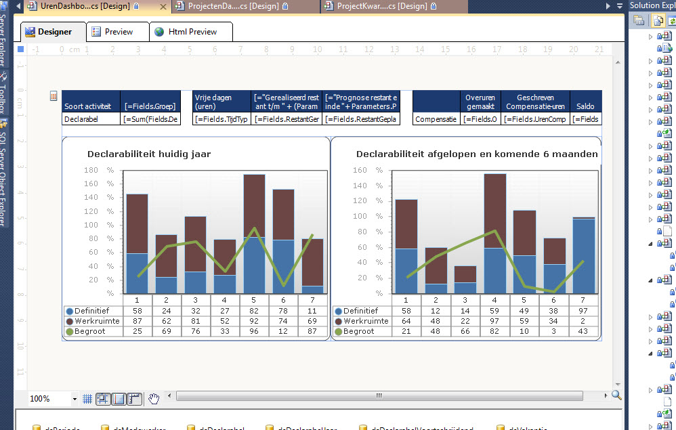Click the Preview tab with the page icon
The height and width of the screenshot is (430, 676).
pyautogui.click(x=119, y=32)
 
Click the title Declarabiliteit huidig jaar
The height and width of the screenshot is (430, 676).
pyautogui.click(x=149, y=154)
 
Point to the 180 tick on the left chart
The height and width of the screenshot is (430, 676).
pyautogui.click(x=91, y=170)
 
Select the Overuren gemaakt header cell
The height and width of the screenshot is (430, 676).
pyautogui.click(x=480, y=102)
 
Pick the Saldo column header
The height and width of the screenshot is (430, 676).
pyautogui.click(x=585, y=106)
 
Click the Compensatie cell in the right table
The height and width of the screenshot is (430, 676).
pyautogui.click(x=435, y=119)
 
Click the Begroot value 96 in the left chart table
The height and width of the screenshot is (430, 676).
pyautogui.click(x=254, y=331)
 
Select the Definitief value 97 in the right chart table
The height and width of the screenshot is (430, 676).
pyautogui.click(x=583, y=309)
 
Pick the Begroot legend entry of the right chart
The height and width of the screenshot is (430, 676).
pyautogui.click(x=358, y=331)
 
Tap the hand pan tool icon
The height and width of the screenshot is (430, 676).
pyautogui.click(x=154, y=399)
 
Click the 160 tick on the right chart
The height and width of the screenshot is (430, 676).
pyautogui.click(x=360, y=170)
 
